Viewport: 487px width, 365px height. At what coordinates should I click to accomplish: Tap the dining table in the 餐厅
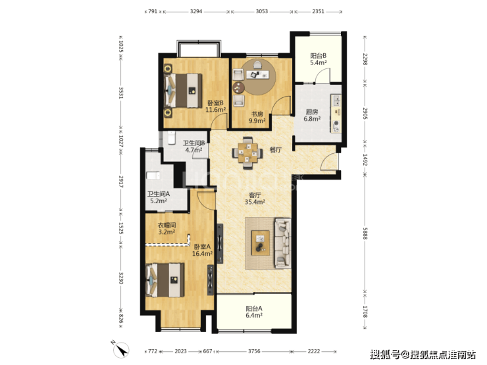pos(247,153)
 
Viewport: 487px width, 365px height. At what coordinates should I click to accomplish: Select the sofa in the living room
pos(282,243)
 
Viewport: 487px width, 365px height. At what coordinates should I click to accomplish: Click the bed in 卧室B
pos(183,91)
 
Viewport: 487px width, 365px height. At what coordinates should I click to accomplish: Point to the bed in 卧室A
pos(165,280)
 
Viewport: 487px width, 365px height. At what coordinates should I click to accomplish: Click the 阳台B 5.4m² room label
pos(319,59)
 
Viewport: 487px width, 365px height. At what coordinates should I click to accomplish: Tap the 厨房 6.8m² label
pos(312,115)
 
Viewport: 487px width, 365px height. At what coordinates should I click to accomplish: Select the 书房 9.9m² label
pos(257,118)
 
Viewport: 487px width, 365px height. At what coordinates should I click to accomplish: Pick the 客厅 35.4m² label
pos(255,199)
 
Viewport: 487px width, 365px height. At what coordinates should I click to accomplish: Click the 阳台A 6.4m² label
pos(254,312)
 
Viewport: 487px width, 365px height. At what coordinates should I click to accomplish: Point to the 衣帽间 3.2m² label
pos(167,228)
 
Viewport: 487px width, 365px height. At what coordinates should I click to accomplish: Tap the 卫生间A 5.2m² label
pos(159,197)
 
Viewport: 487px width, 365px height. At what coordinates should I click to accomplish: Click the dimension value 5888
pos(365,233)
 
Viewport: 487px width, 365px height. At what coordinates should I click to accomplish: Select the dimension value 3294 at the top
pos(196,11)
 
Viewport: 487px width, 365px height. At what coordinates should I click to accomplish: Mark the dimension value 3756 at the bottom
pos(254,351)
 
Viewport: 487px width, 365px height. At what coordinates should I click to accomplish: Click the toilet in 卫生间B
pos(172,138)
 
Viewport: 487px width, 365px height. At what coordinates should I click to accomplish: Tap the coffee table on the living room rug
pos(261,243)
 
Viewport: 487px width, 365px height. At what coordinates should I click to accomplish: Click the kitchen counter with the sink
pos(336,114)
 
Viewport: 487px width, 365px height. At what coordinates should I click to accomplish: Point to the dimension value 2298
pos(365,59)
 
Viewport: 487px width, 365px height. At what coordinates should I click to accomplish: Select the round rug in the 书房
pos(259,77)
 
